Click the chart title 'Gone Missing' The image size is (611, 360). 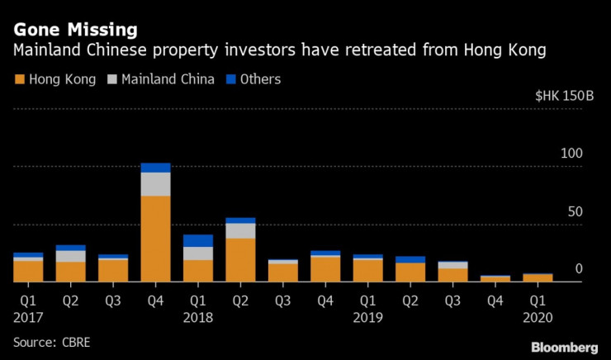pyautogui.click(x=74, y=30)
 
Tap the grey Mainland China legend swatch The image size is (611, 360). pyautogui.click(x=112, y=80)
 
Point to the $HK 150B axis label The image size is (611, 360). pyautogui.click(x=565, y=96)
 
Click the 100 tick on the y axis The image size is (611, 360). pyautogui.click(x=572, y=154)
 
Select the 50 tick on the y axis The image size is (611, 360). pyautogui.click(x=575, y=211)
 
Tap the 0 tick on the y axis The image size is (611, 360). pyautogui.click(x=579, y=269)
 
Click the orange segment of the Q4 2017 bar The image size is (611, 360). pyautogui.click(x=155, y=239)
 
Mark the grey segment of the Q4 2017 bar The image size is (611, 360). pyautogui.click(x=155, y=184)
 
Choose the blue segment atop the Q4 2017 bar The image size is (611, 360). pyautogui.click(x=155, y=168)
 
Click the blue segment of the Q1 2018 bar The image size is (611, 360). pyautogui.click(x=198, y=240)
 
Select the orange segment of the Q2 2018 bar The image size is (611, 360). pyautogui.click(x=240, y=260)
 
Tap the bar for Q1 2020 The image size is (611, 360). pyautogui.click(x=538, y=277)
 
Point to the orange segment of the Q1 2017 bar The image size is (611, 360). pyautogui.click(x=27, y=271)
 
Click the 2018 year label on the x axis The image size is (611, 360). pyautogui.click(x=198, y=316)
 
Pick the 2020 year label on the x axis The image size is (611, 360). pyautogui.click(x=538, y=316)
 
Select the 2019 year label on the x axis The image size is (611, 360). pyautogui.click(x=367, y=316)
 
